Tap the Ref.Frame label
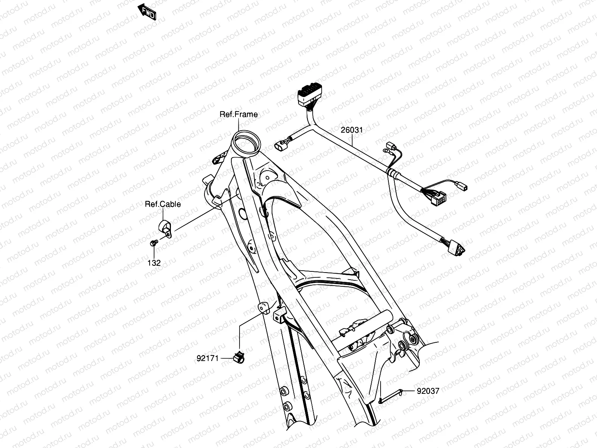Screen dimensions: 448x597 click(x=238, y=114)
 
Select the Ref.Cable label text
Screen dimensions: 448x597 click(x=163, y=204)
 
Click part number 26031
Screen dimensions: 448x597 click(x=351, y=130)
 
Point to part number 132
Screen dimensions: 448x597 click(x=154, y=263)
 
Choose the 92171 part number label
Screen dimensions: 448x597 click(x=207, y=358)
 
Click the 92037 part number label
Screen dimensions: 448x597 click(x=428, y=391)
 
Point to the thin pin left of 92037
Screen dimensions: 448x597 click(x=390, y=396)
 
